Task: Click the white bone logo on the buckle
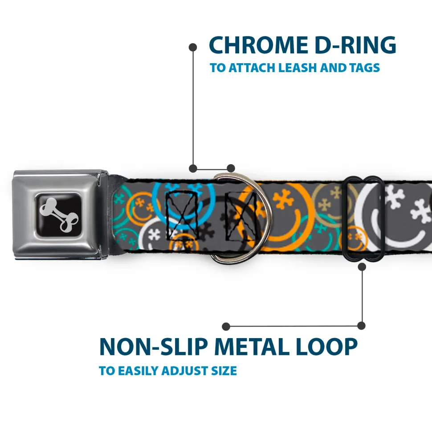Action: [x=58, y=214]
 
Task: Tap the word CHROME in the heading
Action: [x=258, y=45]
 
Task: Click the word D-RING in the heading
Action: [x=355, y=45]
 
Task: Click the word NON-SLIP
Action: [x=153, y=347]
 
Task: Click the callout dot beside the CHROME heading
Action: [x=193, y=48]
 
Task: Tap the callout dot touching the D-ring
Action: [x=231, y=168]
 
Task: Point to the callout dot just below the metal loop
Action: [x=362, y=266]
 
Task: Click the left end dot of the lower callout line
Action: [x=226, y=327]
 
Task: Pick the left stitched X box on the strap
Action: [x=182, y=215]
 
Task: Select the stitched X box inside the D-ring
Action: [x=241, y=216]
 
